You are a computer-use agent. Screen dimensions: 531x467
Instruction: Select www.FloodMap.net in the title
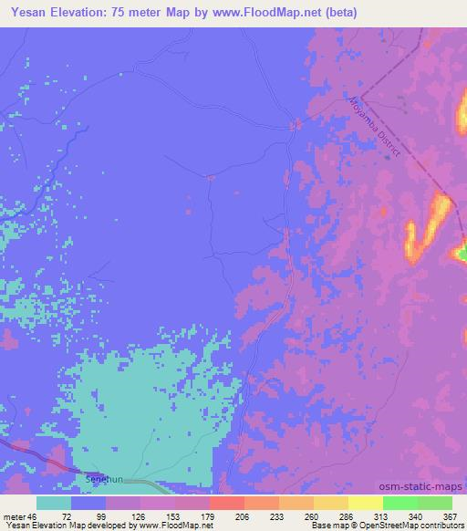click(x=264, y=13)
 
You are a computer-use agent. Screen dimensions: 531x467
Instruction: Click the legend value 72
click(x=67, y=515)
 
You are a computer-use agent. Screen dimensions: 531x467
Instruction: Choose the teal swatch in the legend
click(x=54, y=503)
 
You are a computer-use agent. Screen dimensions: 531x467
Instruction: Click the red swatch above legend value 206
click(x=226, y=503)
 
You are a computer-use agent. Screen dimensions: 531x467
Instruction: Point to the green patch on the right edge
click(x=462, y=248)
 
